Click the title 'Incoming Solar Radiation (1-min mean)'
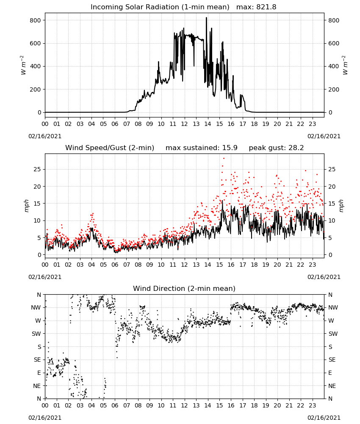[160, 7]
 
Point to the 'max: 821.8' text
[256, 7]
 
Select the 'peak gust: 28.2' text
[276, 148]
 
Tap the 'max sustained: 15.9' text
[202, 148]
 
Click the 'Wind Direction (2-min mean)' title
[184, 288]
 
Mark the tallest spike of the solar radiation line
[206, 18]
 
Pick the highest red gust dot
[224, 159]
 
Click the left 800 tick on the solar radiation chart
[36, 20]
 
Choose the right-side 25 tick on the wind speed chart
[332, 169]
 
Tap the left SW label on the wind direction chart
[36, 334]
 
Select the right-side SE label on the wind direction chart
[332, 360]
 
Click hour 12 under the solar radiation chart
[185, 124]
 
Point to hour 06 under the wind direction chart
[115, 405]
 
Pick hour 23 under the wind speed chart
[312, 265]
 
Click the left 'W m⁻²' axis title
[23, 65]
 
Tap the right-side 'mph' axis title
[341, 206]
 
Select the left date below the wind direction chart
[45, 418]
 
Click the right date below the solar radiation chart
[324, 136]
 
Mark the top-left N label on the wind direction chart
[39, 295]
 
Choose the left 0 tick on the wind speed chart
[39, 255]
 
